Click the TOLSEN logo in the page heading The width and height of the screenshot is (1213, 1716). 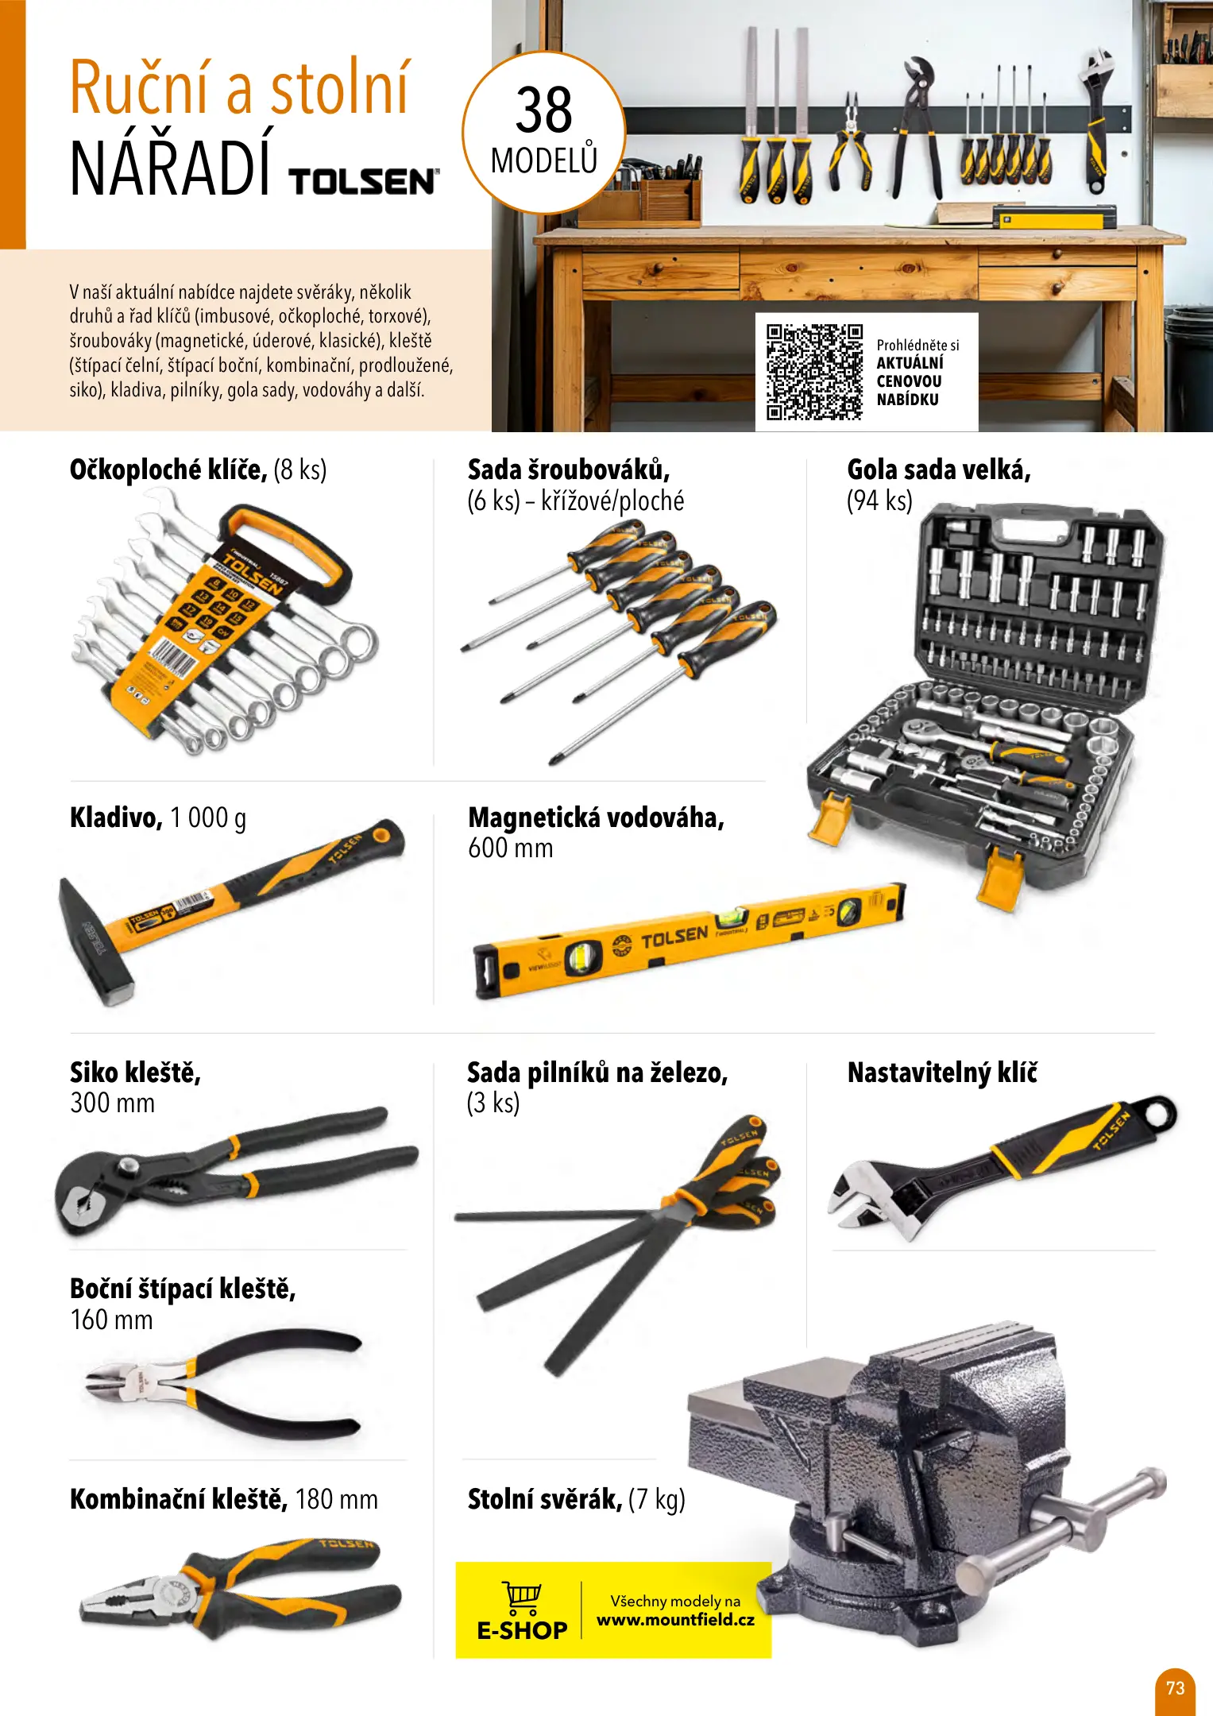(x=363, y=181)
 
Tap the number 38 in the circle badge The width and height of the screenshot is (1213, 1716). (x=544, y=110)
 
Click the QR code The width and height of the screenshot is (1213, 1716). (x=814, y=371)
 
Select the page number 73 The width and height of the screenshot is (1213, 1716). (x=1175, y=1687)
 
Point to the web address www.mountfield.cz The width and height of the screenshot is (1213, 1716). (x=675, y=1620)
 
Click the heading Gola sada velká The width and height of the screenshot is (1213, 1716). (x=939, y=470)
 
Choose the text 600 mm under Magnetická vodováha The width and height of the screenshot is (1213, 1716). (x=510, y=848)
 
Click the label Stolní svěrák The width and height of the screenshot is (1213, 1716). (x=545, y=1499)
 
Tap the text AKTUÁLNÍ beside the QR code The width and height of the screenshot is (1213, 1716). (x=910, y=362)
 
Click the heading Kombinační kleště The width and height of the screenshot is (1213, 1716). (x=179, y=1499)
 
